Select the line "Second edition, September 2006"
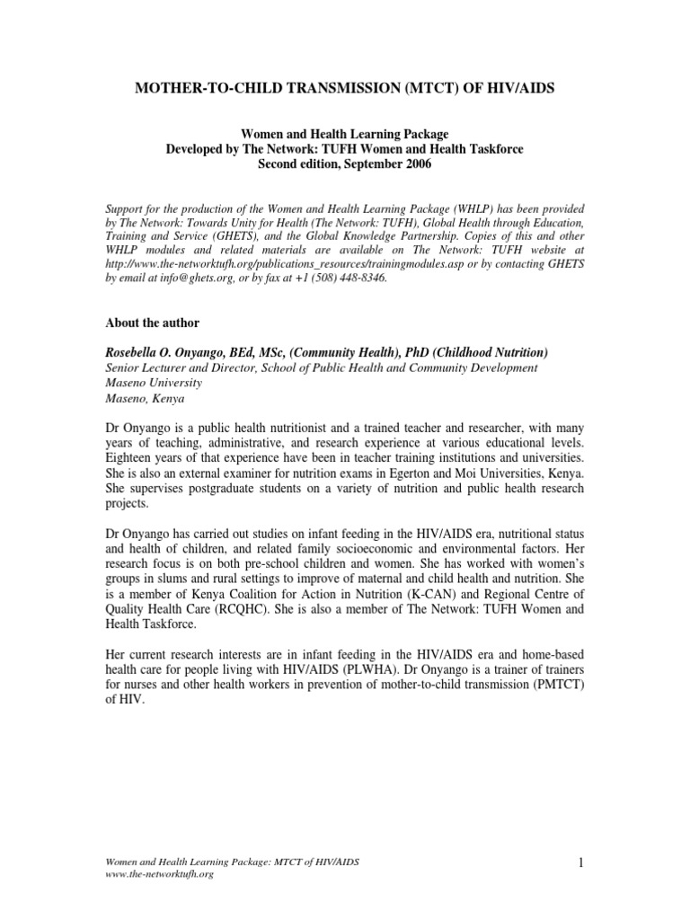(x=345, y=164)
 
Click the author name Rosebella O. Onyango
(x=170, y=352)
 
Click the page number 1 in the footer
(x=581, y=863)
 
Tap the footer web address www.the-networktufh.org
(x=160, y=874)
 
